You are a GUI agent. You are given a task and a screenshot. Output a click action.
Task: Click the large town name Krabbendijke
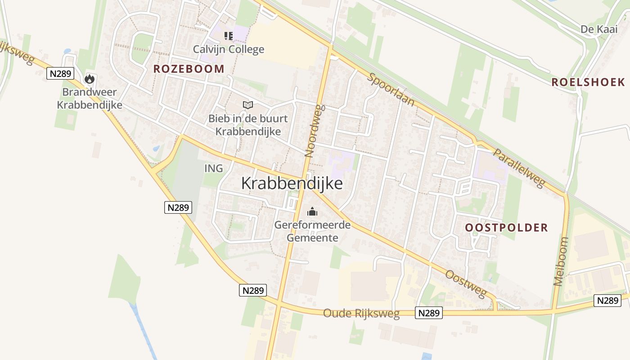tap(292, 184)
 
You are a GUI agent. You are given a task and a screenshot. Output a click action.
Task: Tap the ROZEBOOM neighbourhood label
tap(189, 69)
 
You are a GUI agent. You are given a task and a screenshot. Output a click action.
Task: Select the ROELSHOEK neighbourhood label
tap(588, 82)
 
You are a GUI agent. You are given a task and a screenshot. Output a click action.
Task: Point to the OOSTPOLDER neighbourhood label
tap(506, 228)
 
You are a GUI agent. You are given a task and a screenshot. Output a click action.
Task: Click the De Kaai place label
tap(598, 29)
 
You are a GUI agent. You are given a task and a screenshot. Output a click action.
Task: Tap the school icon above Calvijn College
tap(229, 36)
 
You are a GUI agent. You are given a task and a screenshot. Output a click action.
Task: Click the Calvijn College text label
tap(229, 49)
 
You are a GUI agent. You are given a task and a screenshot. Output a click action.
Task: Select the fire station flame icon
tap(90, 79)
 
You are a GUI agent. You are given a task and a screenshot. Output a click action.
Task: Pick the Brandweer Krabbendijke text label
tap(89, 99)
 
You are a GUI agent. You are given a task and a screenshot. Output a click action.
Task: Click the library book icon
tap(247, 105)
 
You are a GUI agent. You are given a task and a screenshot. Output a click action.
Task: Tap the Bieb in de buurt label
tap(248, 125)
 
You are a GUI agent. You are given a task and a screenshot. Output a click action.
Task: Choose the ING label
tap(213, 168)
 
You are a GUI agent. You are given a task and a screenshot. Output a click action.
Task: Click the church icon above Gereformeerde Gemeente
tap(312, 211)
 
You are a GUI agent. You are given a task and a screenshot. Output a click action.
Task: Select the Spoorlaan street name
tap(391, 89)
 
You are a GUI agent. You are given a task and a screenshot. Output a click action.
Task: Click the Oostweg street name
tap(466, 283)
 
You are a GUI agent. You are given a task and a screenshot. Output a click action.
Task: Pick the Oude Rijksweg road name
tap(361, 314)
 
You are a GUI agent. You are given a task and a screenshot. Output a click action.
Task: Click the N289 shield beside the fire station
tap(60, 73)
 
